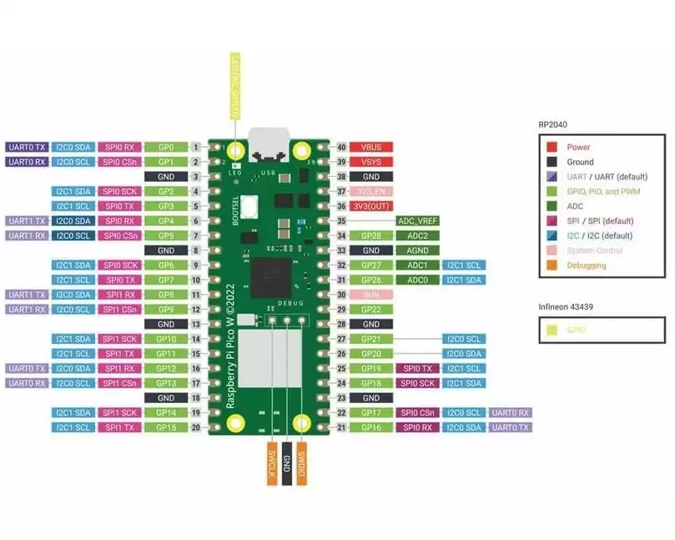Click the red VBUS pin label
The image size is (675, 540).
click(x=371, y=147)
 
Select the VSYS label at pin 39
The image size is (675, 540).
click(x=371, y=162)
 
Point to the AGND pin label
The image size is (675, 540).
click(x=417, y=250)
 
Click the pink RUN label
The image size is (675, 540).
click(x=371, y=295)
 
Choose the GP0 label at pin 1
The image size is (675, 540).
click(x=166, y=147)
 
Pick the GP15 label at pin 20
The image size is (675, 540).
click(x=166, y=427)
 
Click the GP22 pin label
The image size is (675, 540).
click(x=371, y=310)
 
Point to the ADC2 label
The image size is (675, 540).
click(x=417, y=236)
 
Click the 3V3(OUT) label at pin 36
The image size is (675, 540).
click(x=371, y=206)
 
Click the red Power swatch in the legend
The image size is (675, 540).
click(x=552, y=147)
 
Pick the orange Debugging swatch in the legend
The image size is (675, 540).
click(x=552, y=265)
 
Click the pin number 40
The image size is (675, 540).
click(x=340, y=147)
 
